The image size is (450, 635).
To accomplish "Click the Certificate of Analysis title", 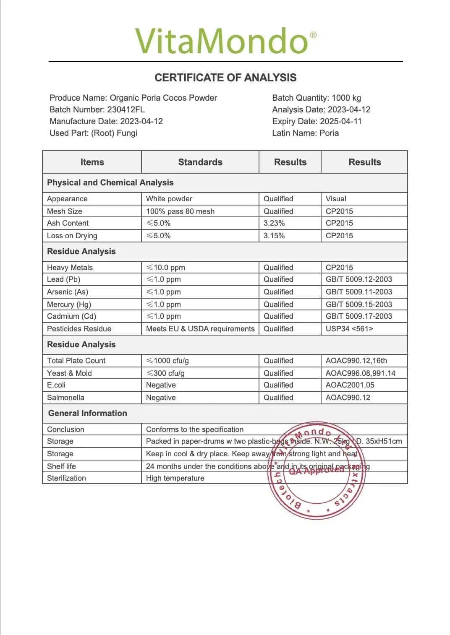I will click(225, 78).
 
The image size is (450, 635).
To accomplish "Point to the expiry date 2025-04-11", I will click(340, 121).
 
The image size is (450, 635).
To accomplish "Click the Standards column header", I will click(200, 162).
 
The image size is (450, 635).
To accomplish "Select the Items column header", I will click(92, 162).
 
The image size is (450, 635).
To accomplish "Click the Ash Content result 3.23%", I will click(274, 223).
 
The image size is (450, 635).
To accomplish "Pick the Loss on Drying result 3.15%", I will click(274, 236).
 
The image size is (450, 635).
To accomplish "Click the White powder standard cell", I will click(169, 199).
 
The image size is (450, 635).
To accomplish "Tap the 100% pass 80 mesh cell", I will click(180, 211).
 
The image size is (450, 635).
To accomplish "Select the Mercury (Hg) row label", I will click(69, 304).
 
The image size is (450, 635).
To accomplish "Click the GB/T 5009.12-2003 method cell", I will click(359, 279).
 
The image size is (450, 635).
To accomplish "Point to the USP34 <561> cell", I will click(349, 329).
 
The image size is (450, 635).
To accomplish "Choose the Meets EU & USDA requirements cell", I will click(200, 329).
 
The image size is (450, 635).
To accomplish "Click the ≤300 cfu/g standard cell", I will click(165, 373).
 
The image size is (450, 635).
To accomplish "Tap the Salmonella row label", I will click(65, 398).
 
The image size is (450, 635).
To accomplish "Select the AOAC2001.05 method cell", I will click(350, 385).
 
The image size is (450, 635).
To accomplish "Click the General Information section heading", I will click(87, 413).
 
